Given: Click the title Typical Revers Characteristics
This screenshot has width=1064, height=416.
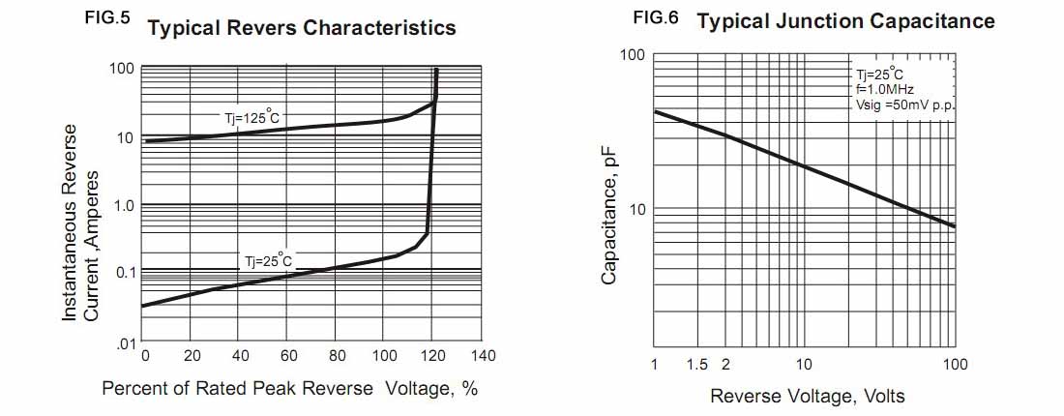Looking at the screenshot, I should (302, 28).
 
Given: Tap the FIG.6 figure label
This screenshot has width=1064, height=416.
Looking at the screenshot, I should (655, 18).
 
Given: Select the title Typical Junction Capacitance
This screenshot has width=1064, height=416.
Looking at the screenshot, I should (845, 21).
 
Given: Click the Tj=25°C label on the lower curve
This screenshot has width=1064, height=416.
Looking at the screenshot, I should (267, 261).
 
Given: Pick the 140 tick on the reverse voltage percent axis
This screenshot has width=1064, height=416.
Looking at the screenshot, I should (483, 355).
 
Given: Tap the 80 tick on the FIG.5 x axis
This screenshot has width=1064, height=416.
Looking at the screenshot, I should (337, 355).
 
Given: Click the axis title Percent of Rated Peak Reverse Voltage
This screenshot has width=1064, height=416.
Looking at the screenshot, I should (290, 389).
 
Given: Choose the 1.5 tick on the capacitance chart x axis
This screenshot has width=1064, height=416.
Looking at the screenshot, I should (697, 364).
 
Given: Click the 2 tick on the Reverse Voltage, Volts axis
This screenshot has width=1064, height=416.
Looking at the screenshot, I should (725, 364).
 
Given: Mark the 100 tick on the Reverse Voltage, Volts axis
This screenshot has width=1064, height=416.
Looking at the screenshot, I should (956, 364).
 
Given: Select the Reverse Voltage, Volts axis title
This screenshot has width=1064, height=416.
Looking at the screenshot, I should (808, 397).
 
